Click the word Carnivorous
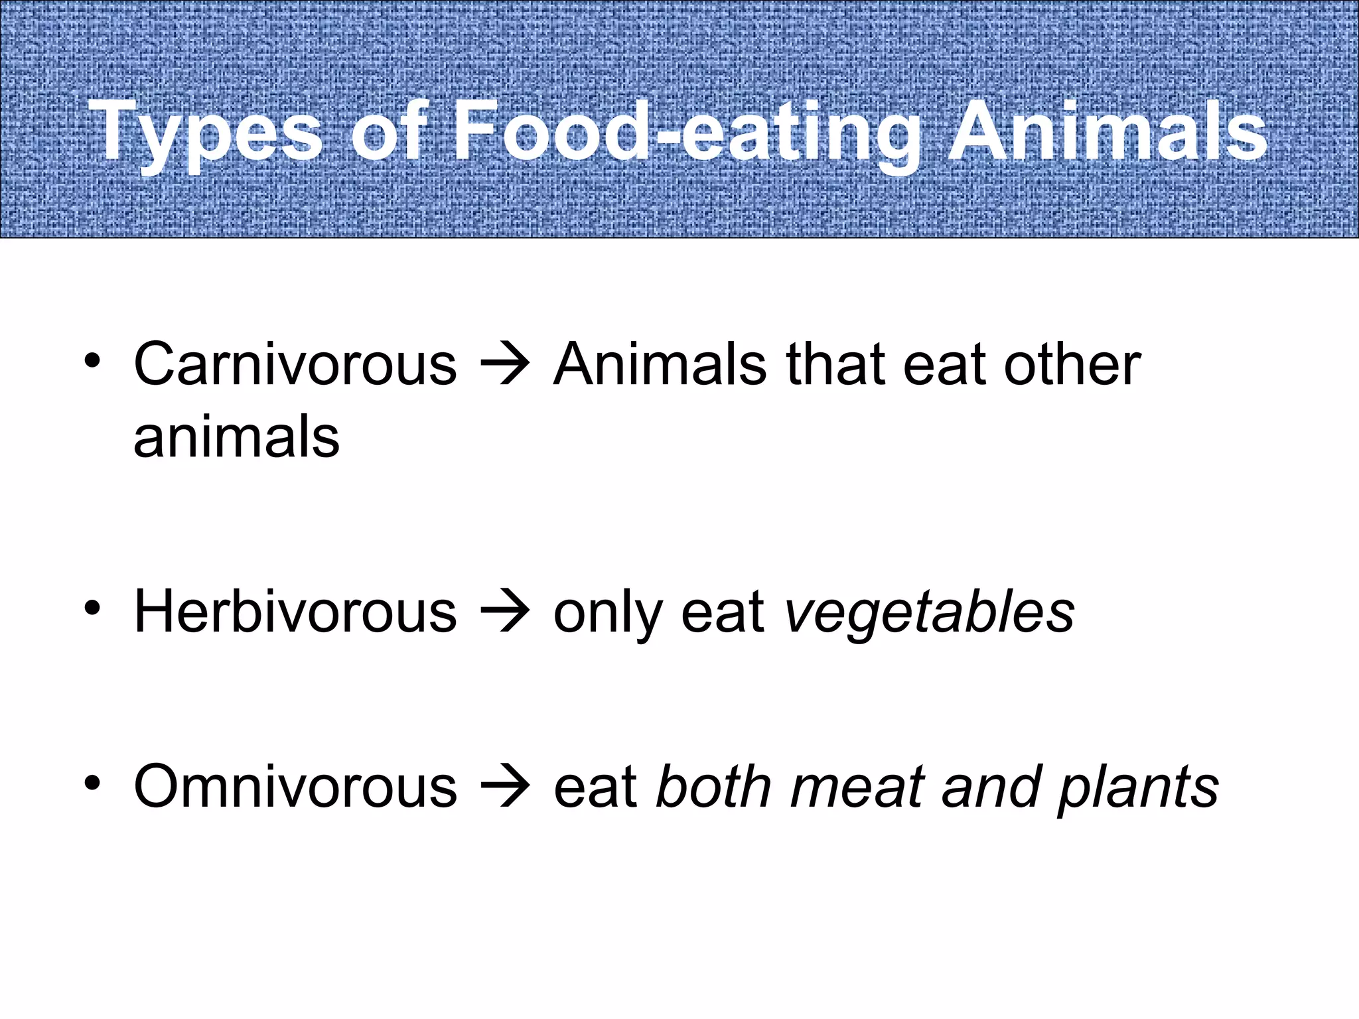pos(295,364)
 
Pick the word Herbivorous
pos(295,612)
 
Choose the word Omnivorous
pos(295,787)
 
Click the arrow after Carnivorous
pos(505,365)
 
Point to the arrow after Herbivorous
pos(505,612)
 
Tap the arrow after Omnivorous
pos(505,787)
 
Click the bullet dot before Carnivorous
pos(92,362)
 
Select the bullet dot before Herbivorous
pos(92,608)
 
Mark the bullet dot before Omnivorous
pos(92,783)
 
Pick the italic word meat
pos(857,787)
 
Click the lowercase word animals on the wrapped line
pos(237,438)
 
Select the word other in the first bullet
pos(1072,364)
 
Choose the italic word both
pos(714,787)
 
